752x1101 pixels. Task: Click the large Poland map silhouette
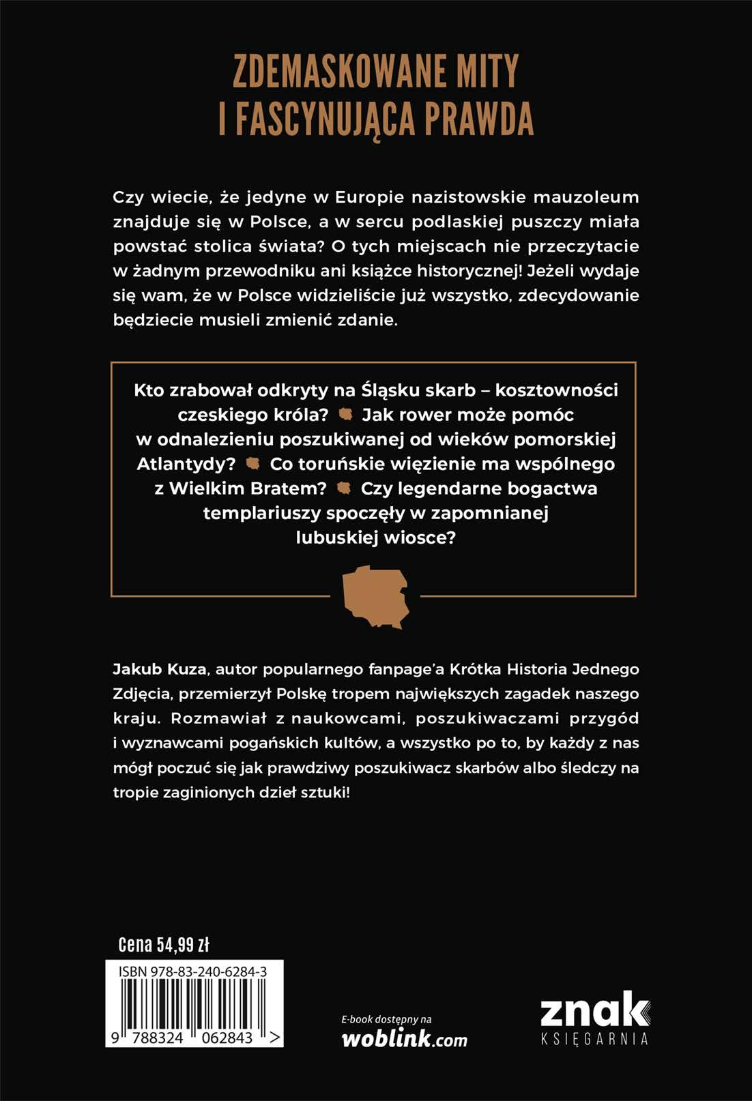pos(375,596)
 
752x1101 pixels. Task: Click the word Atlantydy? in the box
pos(186,464)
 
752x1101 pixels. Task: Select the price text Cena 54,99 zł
pos(164,945)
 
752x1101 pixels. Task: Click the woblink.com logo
pos(404,1039)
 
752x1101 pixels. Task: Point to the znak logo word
pos(594,1010)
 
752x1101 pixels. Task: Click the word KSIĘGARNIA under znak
pos(594,1039)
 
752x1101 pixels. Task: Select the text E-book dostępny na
pos(386,1019)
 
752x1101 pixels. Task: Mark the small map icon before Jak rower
pos(346,414)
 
